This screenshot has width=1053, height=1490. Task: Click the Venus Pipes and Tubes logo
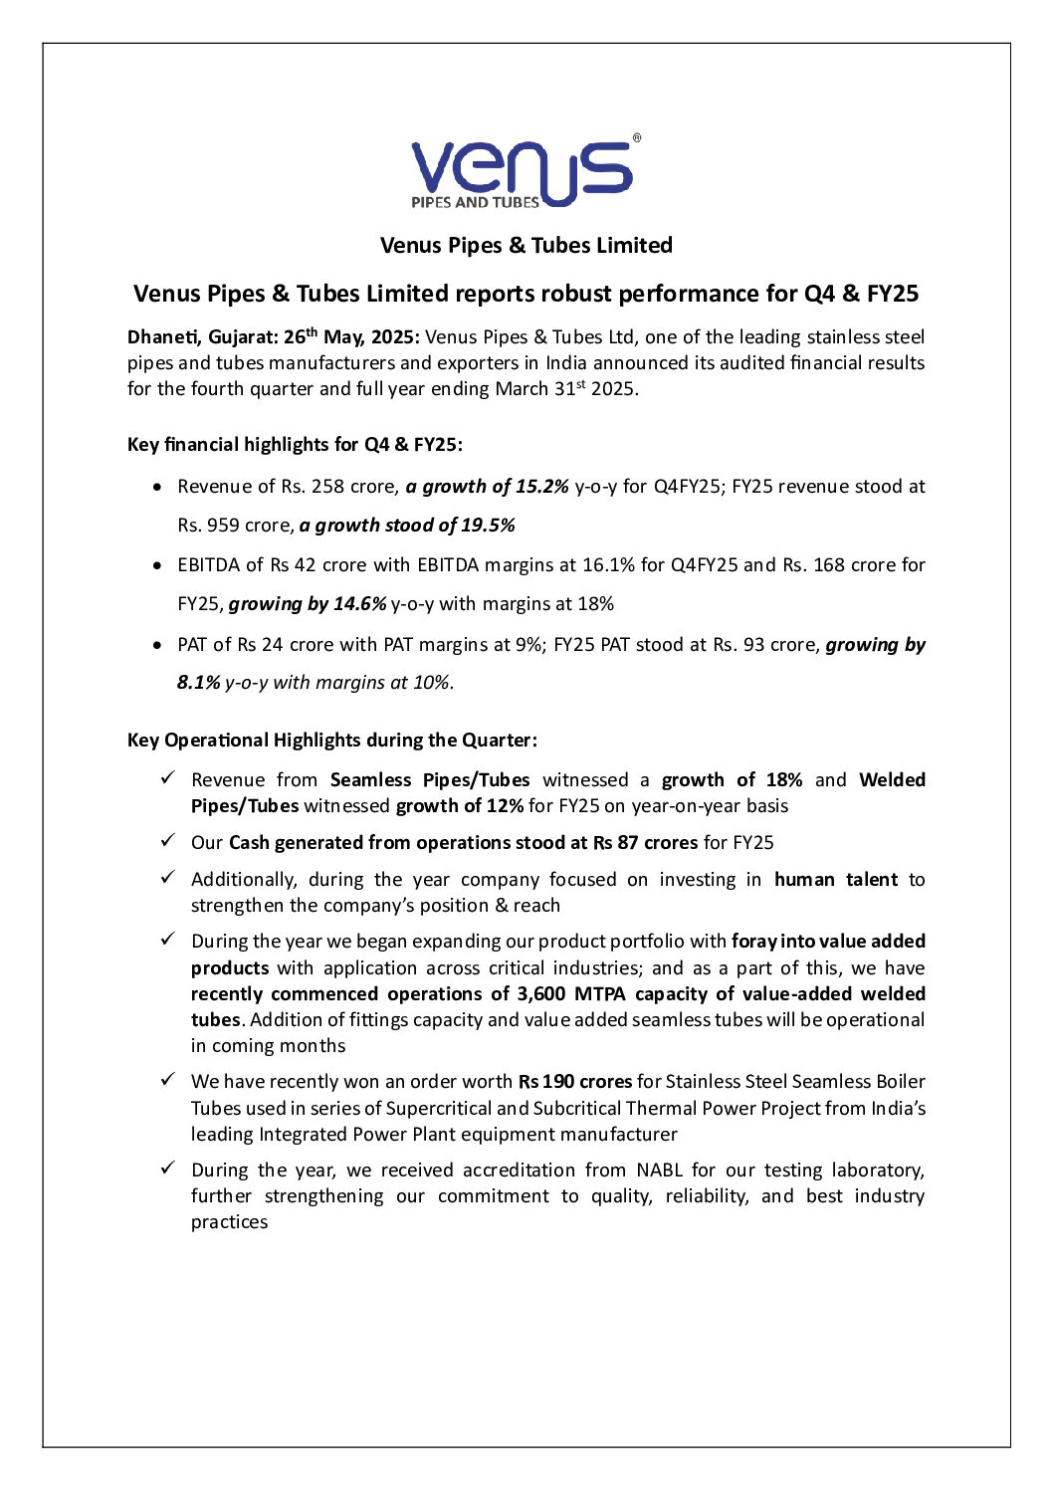[521, 173]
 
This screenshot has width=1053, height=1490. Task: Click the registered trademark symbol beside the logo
[637, 139]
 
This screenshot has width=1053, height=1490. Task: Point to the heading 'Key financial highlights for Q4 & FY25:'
[295, 445]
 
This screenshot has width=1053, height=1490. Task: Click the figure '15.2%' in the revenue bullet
[541, 487]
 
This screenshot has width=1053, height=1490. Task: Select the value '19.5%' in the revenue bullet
[488, 526]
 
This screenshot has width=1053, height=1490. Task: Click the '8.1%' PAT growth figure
[198, 683]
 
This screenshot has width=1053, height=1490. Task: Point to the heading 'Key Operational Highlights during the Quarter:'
[331, 741]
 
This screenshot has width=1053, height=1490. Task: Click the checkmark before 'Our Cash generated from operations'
[168, 842]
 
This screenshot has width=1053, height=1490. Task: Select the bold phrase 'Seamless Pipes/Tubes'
[430, 780]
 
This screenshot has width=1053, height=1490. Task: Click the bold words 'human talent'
[835, 880]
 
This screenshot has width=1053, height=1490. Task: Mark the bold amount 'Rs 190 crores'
[574, 1082]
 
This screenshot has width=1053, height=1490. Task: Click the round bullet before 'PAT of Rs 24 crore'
[157, 645]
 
